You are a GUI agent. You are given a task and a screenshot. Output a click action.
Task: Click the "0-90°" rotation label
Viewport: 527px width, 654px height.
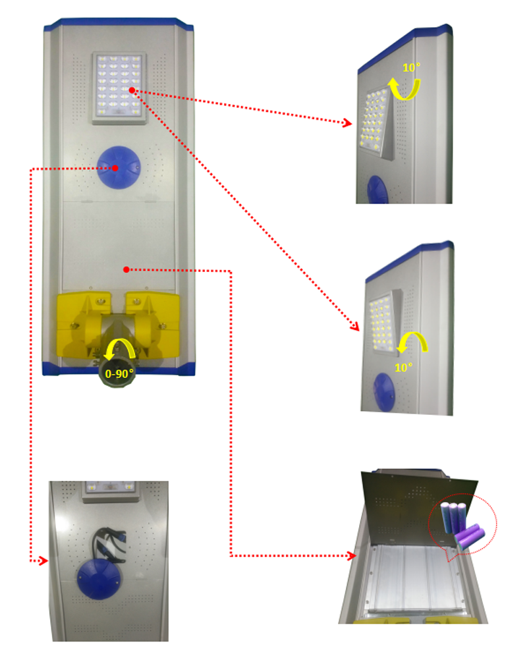[119, 373]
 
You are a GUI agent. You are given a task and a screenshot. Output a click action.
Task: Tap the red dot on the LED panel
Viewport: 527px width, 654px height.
[132, 90]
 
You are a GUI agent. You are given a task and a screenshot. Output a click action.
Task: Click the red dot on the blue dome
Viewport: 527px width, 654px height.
[115, 168]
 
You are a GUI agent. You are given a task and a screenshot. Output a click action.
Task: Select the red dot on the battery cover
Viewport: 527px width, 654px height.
[126, 270]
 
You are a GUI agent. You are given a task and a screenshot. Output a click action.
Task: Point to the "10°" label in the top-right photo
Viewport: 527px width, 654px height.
[411, 68]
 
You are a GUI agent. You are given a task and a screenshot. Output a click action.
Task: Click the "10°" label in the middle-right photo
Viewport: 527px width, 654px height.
[404, 368]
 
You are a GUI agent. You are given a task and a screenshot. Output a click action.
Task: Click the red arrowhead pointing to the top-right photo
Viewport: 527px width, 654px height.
[347, 123]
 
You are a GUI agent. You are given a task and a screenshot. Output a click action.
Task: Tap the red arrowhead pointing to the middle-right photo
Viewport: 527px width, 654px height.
[354, 326]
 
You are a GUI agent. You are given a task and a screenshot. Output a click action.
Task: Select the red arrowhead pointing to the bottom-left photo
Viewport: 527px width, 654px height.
[43, 561]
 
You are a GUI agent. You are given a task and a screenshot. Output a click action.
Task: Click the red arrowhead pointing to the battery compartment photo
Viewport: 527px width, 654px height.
[352, 556]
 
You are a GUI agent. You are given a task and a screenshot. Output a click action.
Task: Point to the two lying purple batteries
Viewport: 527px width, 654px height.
[470, 537]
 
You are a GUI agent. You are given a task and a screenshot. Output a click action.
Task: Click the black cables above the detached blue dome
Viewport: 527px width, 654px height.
[109, 544]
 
